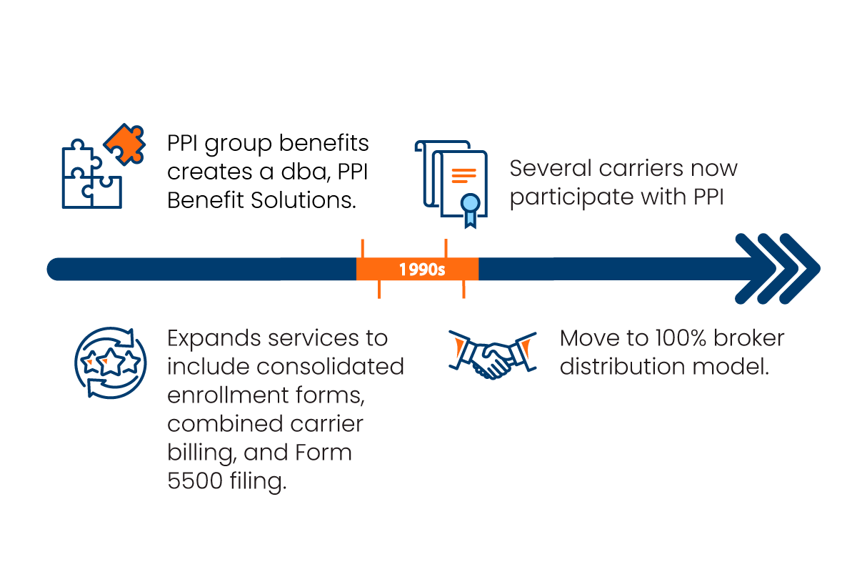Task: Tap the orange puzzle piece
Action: [x=125, y=143]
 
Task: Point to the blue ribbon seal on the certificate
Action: [x=469, y=207]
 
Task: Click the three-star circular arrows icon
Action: [x=111, y=362]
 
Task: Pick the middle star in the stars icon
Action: [x=111, y=363]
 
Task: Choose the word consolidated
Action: [x=330, y=366]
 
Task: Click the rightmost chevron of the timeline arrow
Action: [x=800, y=269]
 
